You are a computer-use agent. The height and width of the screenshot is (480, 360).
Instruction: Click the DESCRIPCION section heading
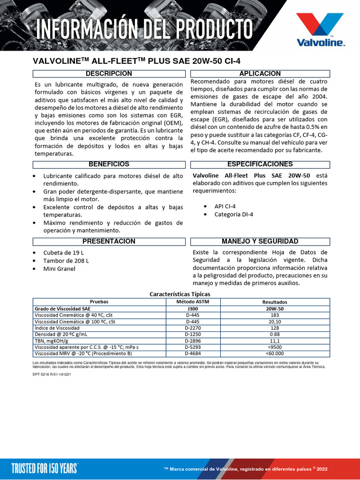click(x=108, y=74)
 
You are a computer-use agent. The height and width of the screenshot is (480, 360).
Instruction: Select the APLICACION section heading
click(x=260, y=74)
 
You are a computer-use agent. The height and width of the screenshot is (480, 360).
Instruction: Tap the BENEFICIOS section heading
click(x=108, y=165)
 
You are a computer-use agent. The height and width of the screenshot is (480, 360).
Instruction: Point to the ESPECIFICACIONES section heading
click(x=260, y=165)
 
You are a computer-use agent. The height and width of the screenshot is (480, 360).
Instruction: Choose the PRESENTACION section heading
click(x=108, y=241)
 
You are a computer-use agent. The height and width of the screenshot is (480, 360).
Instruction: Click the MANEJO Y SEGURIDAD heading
click(x=260, y=241)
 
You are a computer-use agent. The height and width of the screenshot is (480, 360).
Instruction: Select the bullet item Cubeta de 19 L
click(x=63, y=253)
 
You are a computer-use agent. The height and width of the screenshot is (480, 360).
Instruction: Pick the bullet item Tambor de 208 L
click(x=66, y=261)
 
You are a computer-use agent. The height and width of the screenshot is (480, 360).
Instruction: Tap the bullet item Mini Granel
click(x=59, y=269)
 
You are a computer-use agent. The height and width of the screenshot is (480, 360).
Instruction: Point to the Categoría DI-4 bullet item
click(x=233, y=214)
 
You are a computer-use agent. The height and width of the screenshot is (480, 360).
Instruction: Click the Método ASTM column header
click(x=193, y=302)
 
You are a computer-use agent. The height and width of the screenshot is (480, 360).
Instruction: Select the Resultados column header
click(x=275, y=302)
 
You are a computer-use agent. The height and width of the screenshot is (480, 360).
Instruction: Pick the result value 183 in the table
click(x=275, y=315)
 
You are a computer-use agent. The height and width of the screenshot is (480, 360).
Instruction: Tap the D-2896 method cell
click(x=193, y=341)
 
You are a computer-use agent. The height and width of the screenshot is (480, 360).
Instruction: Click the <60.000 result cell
click(x=275, y=353)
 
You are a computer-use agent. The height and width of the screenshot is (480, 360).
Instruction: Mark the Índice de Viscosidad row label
click(x=57, y=328)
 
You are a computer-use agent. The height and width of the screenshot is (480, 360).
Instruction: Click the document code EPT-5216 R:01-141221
click(x=52, y=375)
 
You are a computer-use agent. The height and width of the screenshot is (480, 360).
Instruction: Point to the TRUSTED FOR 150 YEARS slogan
click(x=45, y=467)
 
